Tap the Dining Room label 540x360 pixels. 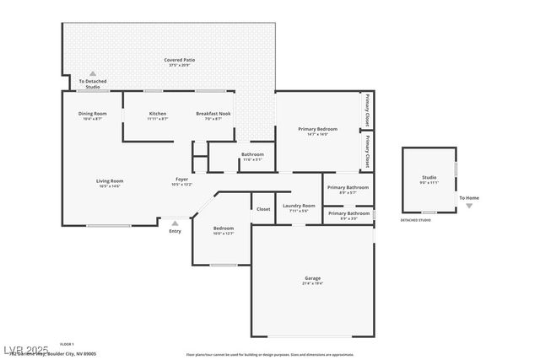[93, 113]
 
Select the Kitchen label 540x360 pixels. [158, 113]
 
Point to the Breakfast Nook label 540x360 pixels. [214, 113]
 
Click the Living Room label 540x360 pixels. [110, 180]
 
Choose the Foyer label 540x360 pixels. [181, 179]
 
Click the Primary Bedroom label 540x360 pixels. [317, 129]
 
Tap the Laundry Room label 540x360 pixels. [299, 206]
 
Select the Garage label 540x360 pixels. [312, 278]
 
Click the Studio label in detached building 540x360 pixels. [429, 177]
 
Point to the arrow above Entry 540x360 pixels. [175, 223]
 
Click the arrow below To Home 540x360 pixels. [469, 206]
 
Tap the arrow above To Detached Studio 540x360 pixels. [93, 74]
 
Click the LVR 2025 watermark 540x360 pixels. [25, 348]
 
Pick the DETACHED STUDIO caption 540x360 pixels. [415, 220]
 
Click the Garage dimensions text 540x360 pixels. [312, 283]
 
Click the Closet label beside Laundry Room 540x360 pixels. [263, 208]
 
